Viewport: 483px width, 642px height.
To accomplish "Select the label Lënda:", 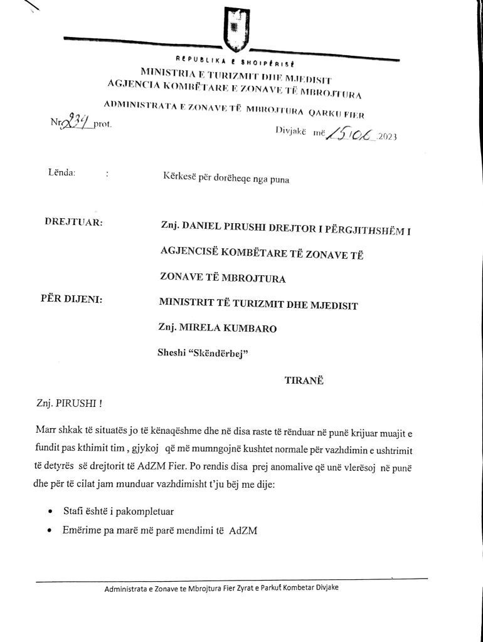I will click(x=61, y=172).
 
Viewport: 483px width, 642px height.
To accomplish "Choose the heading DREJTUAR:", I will click(x=74, y=223).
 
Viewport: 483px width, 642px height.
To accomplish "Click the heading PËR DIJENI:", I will click(x=72, y=299).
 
